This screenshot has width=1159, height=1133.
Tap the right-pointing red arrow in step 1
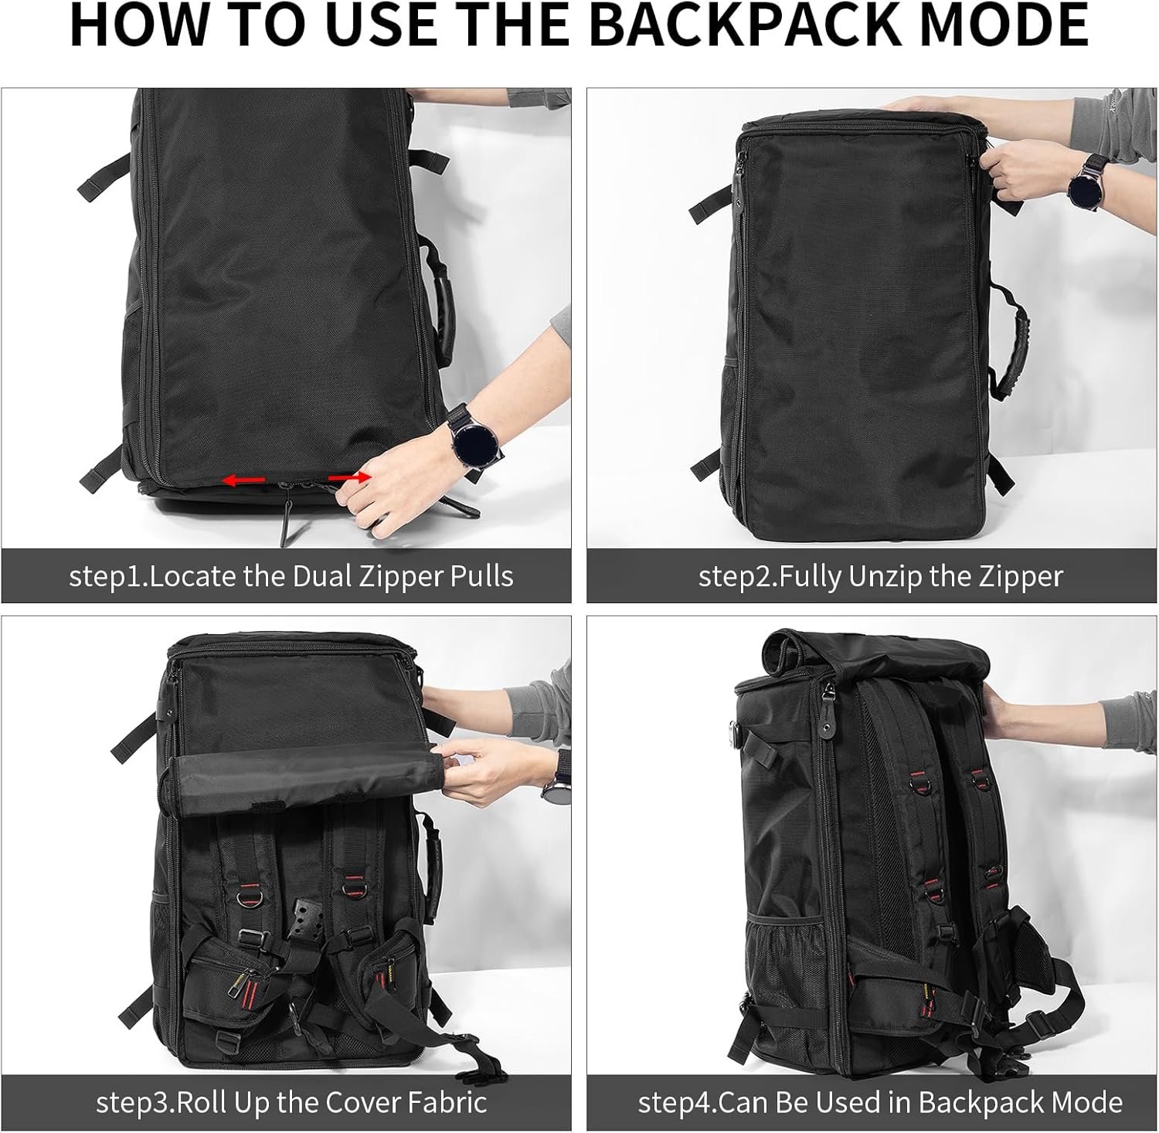(x=346, y=478)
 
